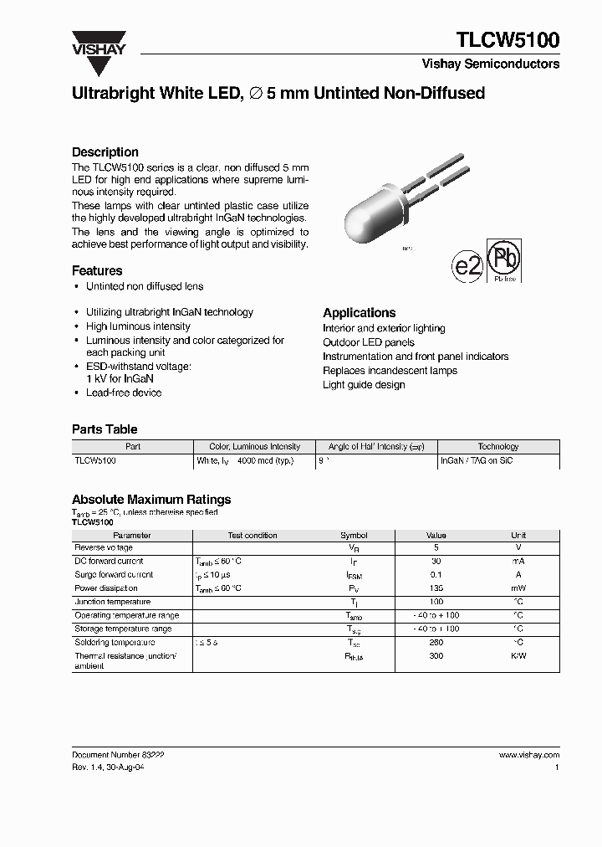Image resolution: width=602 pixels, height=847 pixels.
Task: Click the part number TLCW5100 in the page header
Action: tap(508, 40)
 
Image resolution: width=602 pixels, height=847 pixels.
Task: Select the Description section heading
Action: tap(105, 152)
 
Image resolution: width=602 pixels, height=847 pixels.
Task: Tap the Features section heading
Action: tap(97, 271)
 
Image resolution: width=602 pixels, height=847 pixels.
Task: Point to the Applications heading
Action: tap(360, 313)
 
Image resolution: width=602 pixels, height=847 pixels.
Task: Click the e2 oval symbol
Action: tap(467, 265)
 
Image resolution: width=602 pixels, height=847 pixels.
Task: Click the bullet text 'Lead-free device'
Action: tap(124, 393)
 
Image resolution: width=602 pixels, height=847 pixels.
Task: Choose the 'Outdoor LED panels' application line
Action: tap(369, 342)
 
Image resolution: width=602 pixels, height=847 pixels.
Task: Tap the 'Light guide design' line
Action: tap(364, 385)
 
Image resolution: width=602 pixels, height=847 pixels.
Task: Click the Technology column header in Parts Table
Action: tap(498, 447)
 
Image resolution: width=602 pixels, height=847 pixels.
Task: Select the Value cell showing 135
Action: tap(436, 588)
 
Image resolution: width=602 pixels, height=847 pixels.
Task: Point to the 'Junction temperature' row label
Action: tap(113, 602)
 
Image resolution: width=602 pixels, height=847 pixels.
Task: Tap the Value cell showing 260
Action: tap(436, 642)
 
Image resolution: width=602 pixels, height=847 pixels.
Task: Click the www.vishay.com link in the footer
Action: tap(528, 754)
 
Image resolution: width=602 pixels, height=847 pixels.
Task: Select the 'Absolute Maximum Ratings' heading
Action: tap(151, 500)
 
